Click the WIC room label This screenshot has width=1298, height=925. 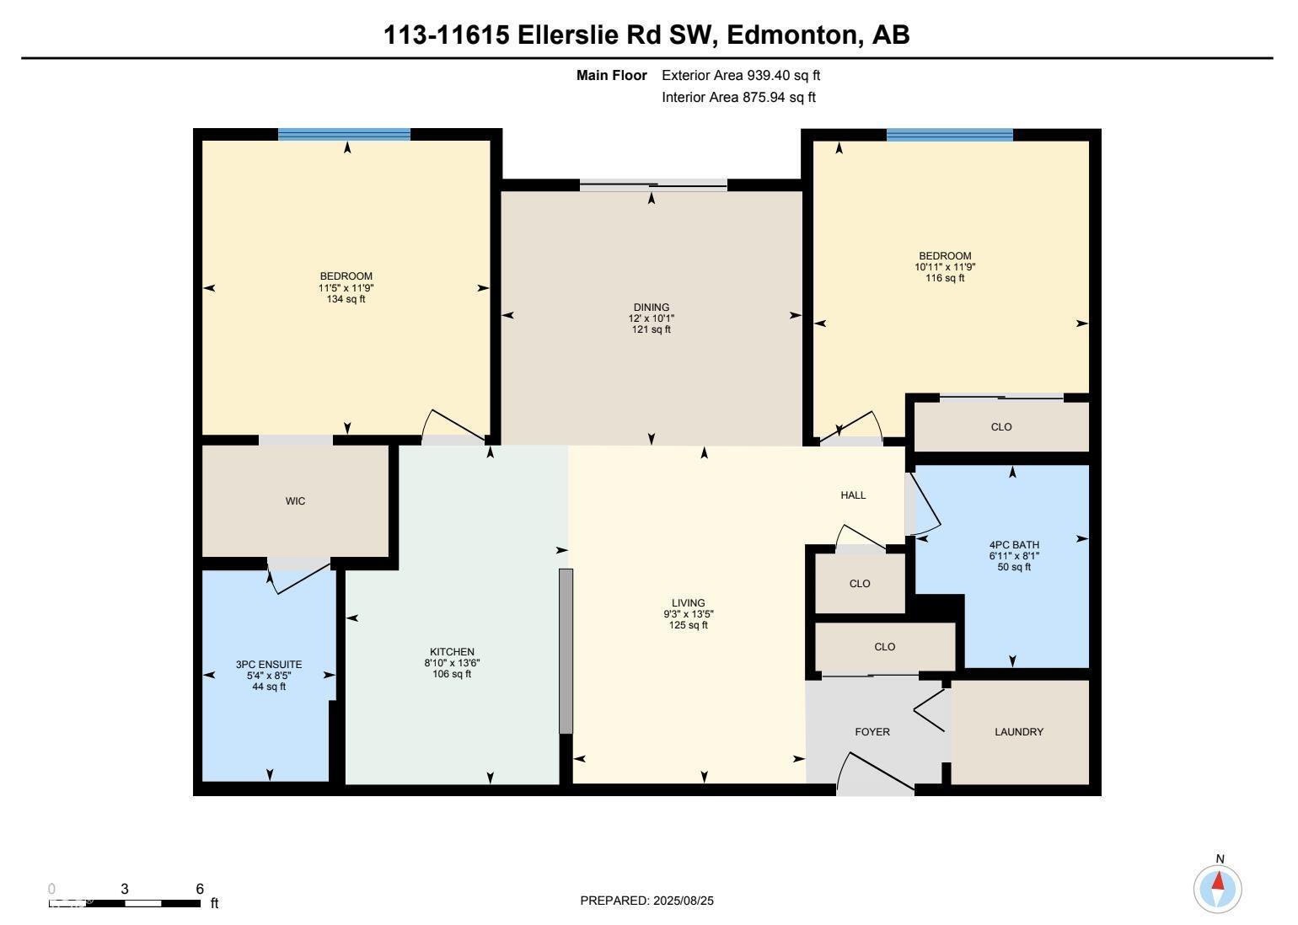(x=295, y=501)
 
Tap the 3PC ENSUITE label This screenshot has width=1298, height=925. (x=268, y=665)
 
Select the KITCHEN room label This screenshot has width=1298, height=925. (x=452, y=652)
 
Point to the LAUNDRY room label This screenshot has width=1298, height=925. (x=1019, y=732)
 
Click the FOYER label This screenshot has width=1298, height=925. (x=872, y=732)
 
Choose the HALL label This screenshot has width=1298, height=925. (x=853, y=495)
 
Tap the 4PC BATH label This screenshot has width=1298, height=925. (x=1014, y=545)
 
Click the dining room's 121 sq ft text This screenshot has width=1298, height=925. (x=652, y=329)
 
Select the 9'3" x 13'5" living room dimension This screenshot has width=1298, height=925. (x=688, y=614)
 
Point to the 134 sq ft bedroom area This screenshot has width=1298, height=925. (x=346, y=298)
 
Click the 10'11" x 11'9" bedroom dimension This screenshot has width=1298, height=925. (x=945, y=267)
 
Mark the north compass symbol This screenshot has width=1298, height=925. (x=1218, y=887)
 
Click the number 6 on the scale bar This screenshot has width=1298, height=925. (x=200, y=889)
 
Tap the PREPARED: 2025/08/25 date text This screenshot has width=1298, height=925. (x=646, y=901)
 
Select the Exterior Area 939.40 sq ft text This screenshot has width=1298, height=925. (x=741, y=75)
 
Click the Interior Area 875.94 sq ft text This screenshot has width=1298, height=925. (x=738, y=97)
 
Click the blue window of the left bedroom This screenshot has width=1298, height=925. (x=344, y=134)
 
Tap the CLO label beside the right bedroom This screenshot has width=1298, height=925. (x=1001, y=427)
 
